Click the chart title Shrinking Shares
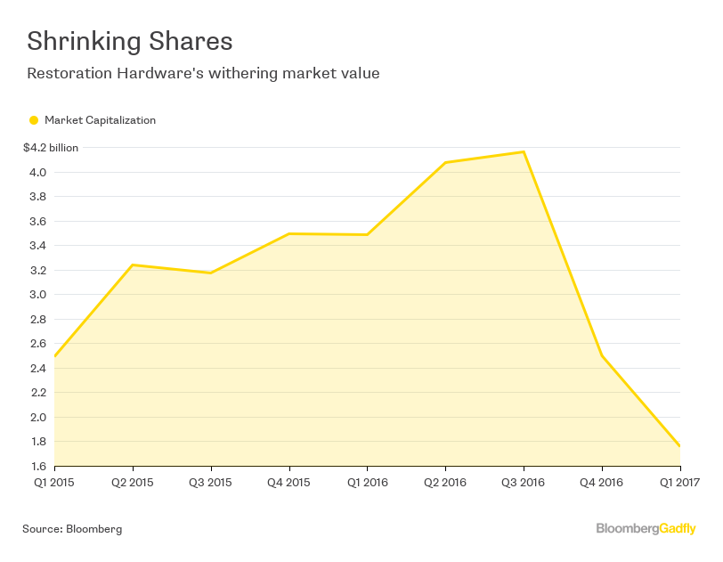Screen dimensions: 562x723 pos(129,41)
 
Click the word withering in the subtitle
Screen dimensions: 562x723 pos(232,73)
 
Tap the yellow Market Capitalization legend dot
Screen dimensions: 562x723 pos(34,120)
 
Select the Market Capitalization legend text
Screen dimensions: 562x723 pos(100,120)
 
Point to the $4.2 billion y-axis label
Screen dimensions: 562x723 pos(51,148)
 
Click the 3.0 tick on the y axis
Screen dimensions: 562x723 pos(37,295)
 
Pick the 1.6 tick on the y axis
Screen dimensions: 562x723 pos(37,466)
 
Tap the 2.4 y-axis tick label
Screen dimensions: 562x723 pos(37,368)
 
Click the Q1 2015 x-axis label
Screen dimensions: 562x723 pos(54,483)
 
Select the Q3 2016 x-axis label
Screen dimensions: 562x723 pos(524,483)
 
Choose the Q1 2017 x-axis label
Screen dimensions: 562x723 pos(679,483)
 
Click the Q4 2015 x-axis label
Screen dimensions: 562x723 pos(288,483)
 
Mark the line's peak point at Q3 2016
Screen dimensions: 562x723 pos(524,151)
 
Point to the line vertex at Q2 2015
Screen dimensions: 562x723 pos(133,265)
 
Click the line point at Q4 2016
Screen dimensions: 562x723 pos(602,355)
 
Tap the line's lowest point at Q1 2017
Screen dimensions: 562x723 pos(679,445)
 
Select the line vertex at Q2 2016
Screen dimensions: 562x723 pos(445,162)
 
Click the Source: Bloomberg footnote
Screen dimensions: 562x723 pos(72,529)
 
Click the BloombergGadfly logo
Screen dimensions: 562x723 pos(646,529)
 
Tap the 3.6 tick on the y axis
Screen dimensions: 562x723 pos(37,221)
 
